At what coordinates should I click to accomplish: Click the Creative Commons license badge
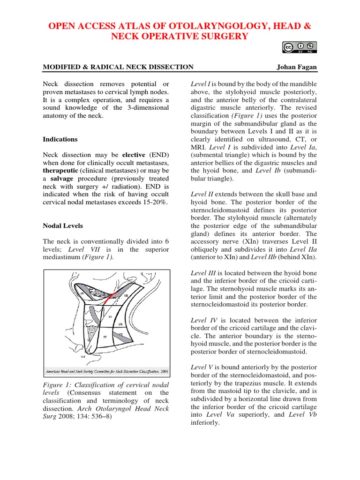(300, 48)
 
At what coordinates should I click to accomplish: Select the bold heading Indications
(60, 139)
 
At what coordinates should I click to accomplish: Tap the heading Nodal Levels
(63, 225)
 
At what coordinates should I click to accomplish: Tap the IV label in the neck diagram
(105, 337)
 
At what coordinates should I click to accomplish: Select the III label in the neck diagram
(110, 317)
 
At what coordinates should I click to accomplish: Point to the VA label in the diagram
(120, 324)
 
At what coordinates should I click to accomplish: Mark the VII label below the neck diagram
(82, 357)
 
